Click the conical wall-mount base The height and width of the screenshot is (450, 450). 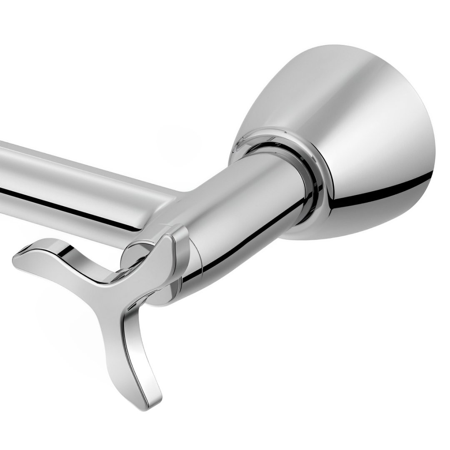click(354, 137)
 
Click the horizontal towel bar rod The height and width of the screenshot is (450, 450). click(83, 175)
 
